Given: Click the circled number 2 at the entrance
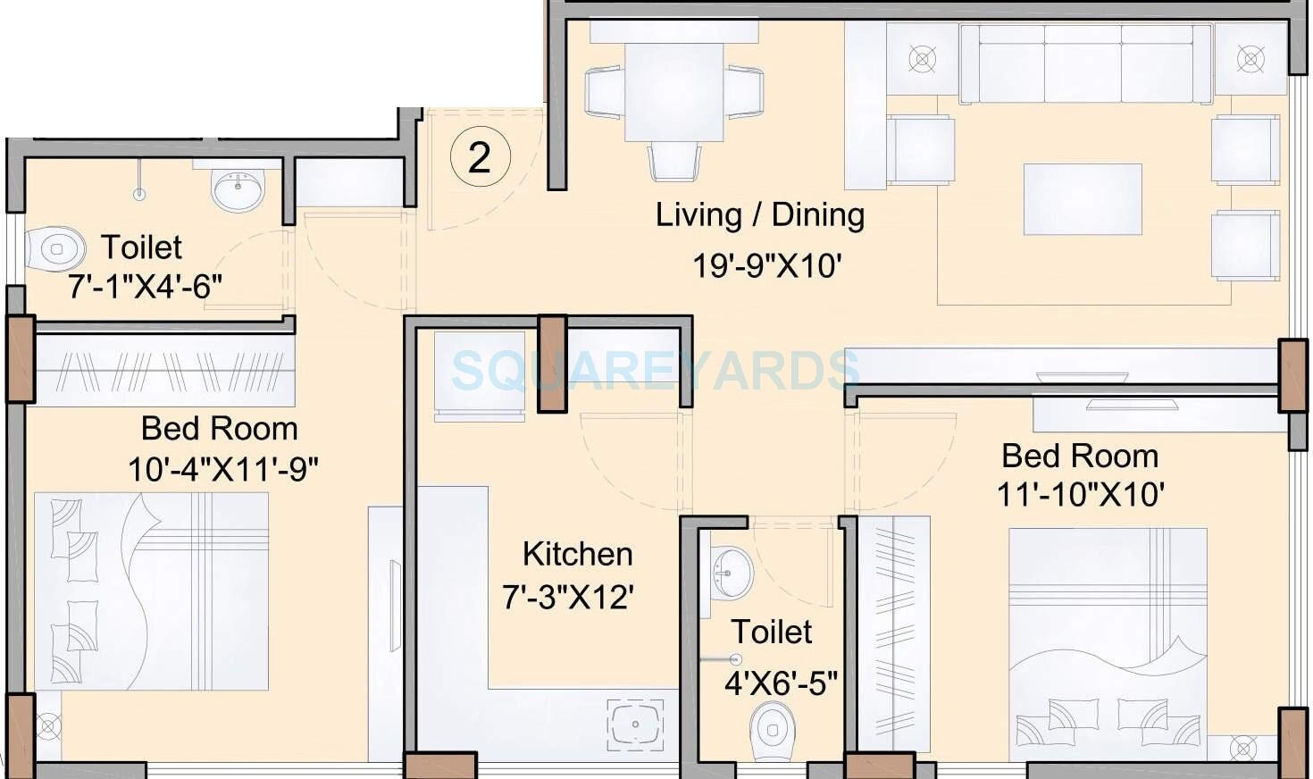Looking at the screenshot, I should coord(480,158).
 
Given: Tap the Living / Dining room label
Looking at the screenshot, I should coord(760,215).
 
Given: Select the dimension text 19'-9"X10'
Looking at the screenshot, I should coord(767,265).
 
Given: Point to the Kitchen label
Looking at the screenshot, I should coord(577,554).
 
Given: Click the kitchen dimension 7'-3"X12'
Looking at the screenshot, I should coord(568,596).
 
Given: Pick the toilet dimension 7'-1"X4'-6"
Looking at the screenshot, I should coord(145,287).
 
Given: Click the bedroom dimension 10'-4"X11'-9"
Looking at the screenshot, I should coord(222,468).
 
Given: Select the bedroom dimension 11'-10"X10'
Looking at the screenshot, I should coord(1080,494).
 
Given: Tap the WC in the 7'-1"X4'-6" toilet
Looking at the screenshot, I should coord(54,248).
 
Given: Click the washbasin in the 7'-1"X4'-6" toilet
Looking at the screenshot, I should coord(238,188).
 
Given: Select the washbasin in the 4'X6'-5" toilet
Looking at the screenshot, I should coord(732,571).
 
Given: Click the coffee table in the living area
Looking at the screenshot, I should coord(1083,199).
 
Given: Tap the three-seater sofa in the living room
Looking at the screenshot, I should coord(1085,64).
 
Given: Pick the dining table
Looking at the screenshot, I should coord(673,92).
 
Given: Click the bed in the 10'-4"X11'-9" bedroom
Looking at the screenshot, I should coord(152,591).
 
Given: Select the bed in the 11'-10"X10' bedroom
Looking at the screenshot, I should coord(1108,634).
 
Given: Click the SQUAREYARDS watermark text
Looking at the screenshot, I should coord(656,370).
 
